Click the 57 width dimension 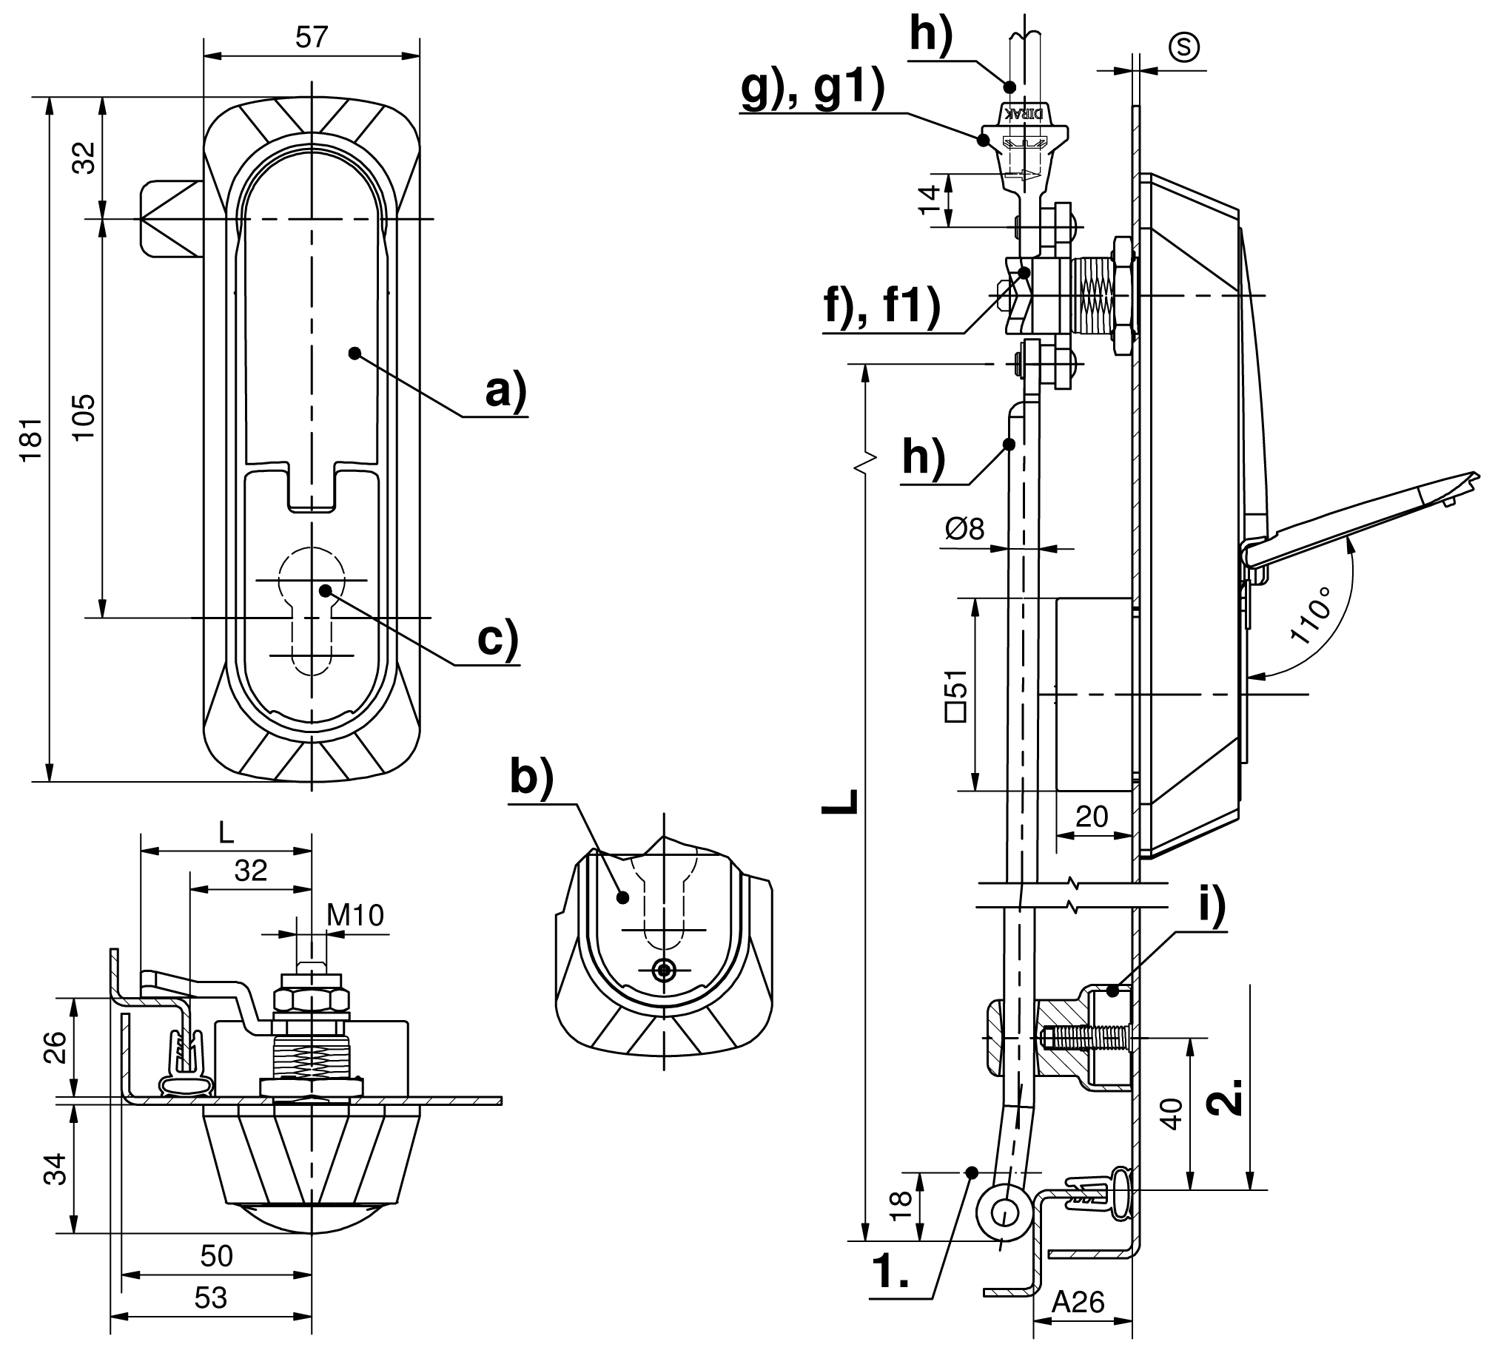coord(311,37)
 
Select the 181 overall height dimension coord(32,440)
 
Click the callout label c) coord(497,638)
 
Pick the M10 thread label coord(355,916)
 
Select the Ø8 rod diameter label coord(965,529)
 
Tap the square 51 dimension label coord(956,694)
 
